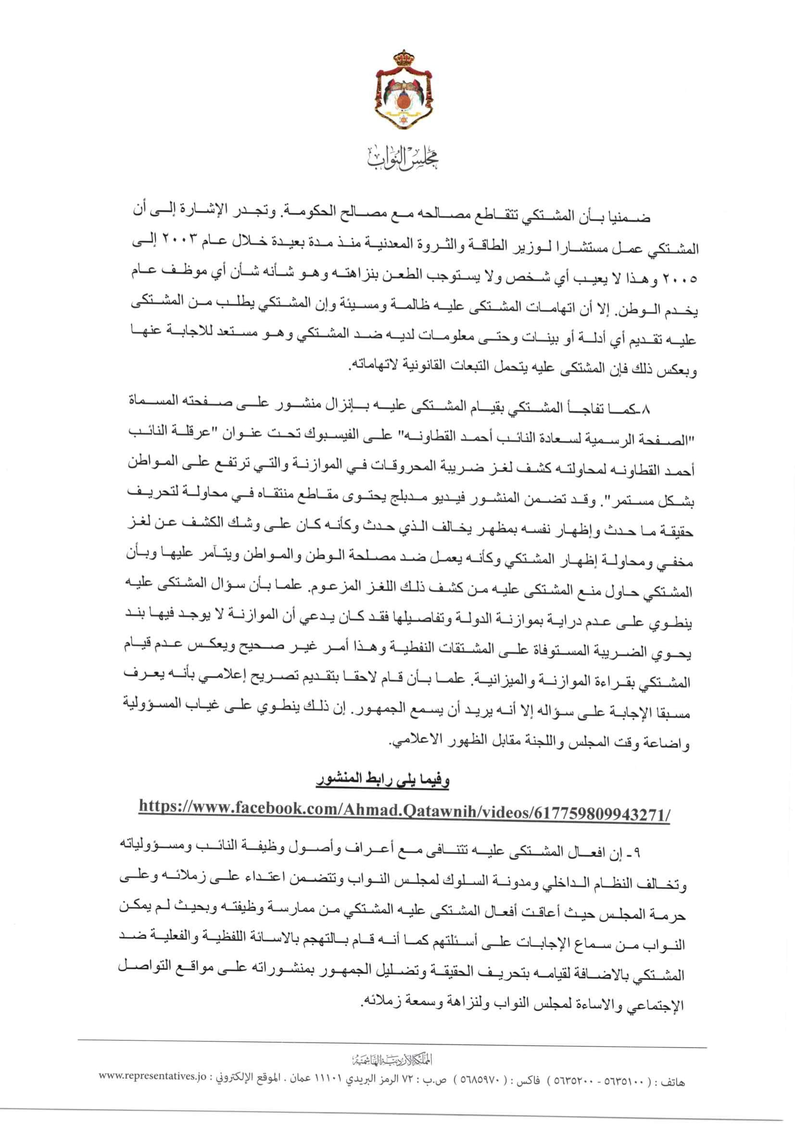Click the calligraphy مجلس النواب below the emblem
(397, 160)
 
